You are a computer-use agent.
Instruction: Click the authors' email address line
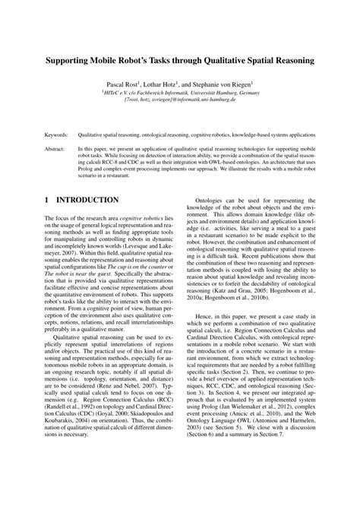tap(180, 97)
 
